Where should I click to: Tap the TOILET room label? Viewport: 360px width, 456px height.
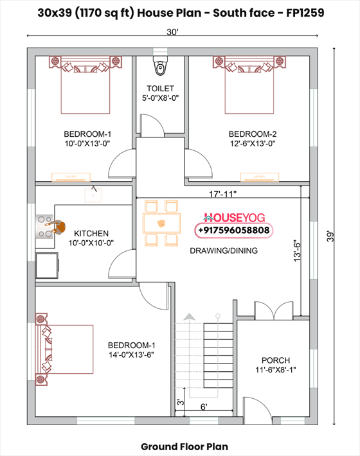(x=160, y=88)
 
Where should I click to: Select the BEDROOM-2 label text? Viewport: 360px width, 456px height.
(x=253, y=134)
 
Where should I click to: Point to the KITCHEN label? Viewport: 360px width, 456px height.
(x=91, y=233)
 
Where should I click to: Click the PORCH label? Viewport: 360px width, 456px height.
(x=275, y=360)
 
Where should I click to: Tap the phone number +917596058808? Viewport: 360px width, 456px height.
(x=233, y=230)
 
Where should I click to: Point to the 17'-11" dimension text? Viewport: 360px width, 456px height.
(x=222, y=193)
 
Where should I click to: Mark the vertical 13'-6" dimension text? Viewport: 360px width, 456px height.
(x=296, y=251)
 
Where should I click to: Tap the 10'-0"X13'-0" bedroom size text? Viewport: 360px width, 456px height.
(x=87, y=144)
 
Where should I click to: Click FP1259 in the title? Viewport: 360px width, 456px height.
(x=305, y=12)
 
